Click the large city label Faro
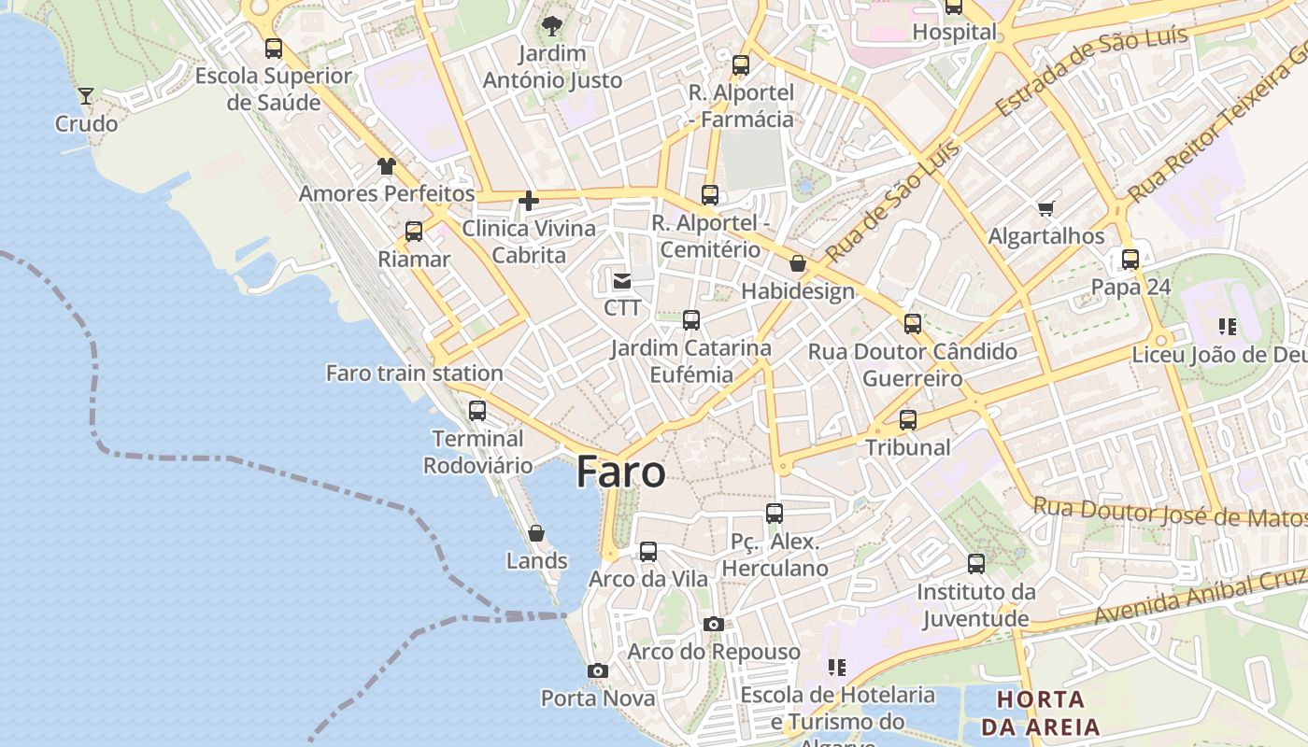pyautogui.click(x=620, y=472)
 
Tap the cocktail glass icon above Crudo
pyautogui.click(x=86, y=96)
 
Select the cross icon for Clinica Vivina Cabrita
pyautogui.click(x=529, y=201)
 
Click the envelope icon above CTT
pyautogui.click(x=622, y=280)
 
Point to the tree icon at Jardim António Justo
pyautogui.click(x=551, y=26)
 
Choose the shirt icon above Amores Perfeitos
pyautogui.click(x=387, y=166)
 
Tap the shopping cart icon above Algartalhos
pyautogui.click(x=1045, y=208)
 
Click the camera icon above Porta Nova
pyautogui.click(x=598, y=670)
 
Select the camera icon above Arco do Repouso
pyautogui.click(x=714, y=624)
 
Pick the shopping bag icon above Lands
pyautogui.click(x=536, y=533)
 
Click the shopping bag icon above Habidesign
pyautogui.click(x=798, y=263)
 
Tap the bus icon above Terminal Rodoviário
pyautogui.click(x=477, y=410)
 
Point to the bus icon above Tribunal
pyautogui.click(x=908, y=419)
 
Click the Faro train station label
pyautogui.click(x=414, y=373)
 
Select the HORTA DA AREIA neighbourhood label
pyautogui.click(x=1040, y=712)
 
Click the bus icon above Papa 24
pyautogui.click(x=1130, y=259)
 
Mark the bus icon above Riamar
pyautogui.click(x=414, y=232)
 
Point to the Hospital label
pyautogui.click(x=955, y=32)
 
